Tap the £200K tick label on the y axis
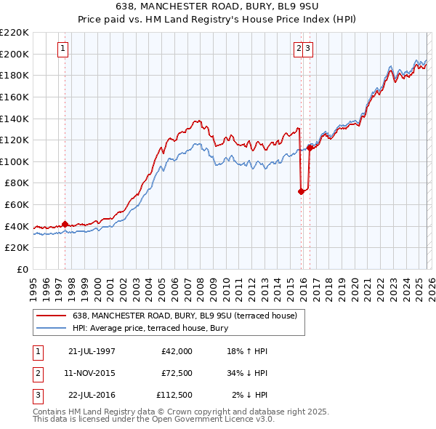coord(15,54)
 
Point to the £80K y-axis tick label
coord(17,183)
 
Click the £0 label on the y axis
coord(23,270)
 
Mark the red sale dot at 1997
coord(65,224)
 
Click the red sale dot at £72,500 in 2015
coord(301,191)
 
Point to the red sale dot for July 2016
coord(310,148)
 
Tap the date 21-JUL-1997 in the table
coord(92,351)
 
